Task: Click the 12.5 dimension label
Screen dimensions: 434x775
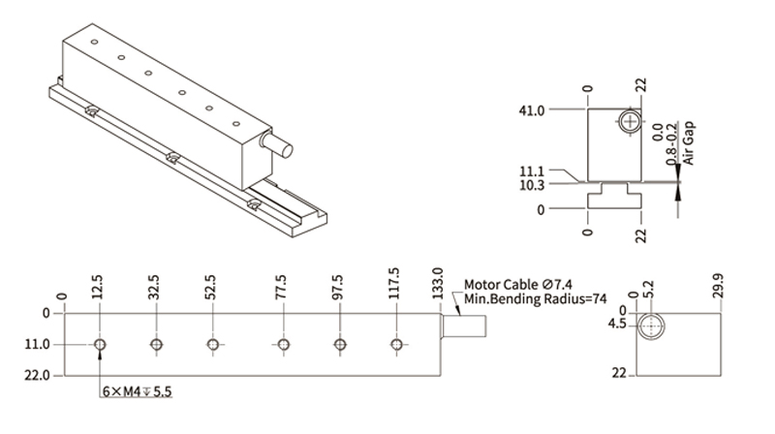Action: pos(98,287)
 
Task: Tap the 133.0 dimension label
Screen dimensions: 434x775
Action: pos(438,285)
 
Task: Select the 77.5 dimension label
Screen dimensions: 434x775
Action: pos(282,287)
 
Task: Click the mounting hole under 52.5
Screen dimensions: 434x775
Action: pos(212,344)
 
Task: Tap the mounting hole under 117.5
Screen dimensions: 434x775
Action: pos(395,344)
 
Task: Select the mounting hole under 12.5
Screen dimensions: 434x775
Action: pos(100,344)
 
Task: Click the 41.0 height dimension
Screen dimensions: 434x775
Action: pos(533,110)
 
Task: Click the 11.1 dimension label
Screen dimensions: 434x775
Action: pos(531,171)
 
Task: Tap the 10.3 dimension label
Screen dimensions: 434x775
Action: pos(531,184)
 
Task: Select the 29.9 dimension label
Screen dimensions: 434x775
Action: pos(718,288)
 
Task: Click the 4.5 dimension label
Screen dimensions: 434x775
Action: pos(617,325)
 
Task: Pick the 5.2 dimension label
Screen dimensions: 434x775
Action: pos(648,290)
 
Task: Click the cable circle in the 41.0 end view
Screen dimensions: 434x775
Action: pos(632,122)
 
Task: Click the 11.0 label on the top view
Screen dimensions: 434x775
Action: pos(37,345)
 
